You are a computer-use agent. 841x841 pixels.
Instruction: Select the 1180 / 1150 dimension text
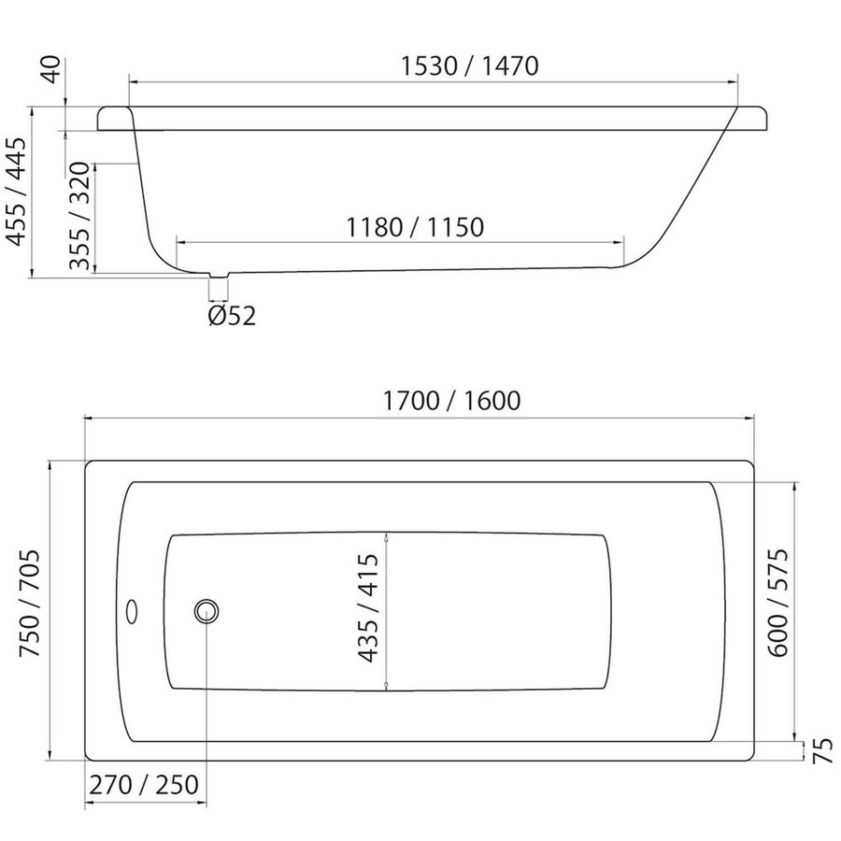coord(415,227)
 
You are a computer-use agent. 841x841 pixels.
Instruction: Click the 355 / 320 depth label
coord(80,217)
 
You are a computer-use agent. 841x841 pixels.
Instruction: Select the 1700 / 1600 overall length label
coord(451,401)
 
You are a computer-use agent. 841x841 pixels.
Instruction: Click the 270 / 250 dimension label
coord(144,785)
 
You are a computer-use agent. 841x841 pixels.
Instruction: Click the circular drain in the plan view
coord(207,612)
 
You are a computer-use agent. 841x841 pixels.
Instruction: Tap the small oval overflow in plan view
coord(133,612)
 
